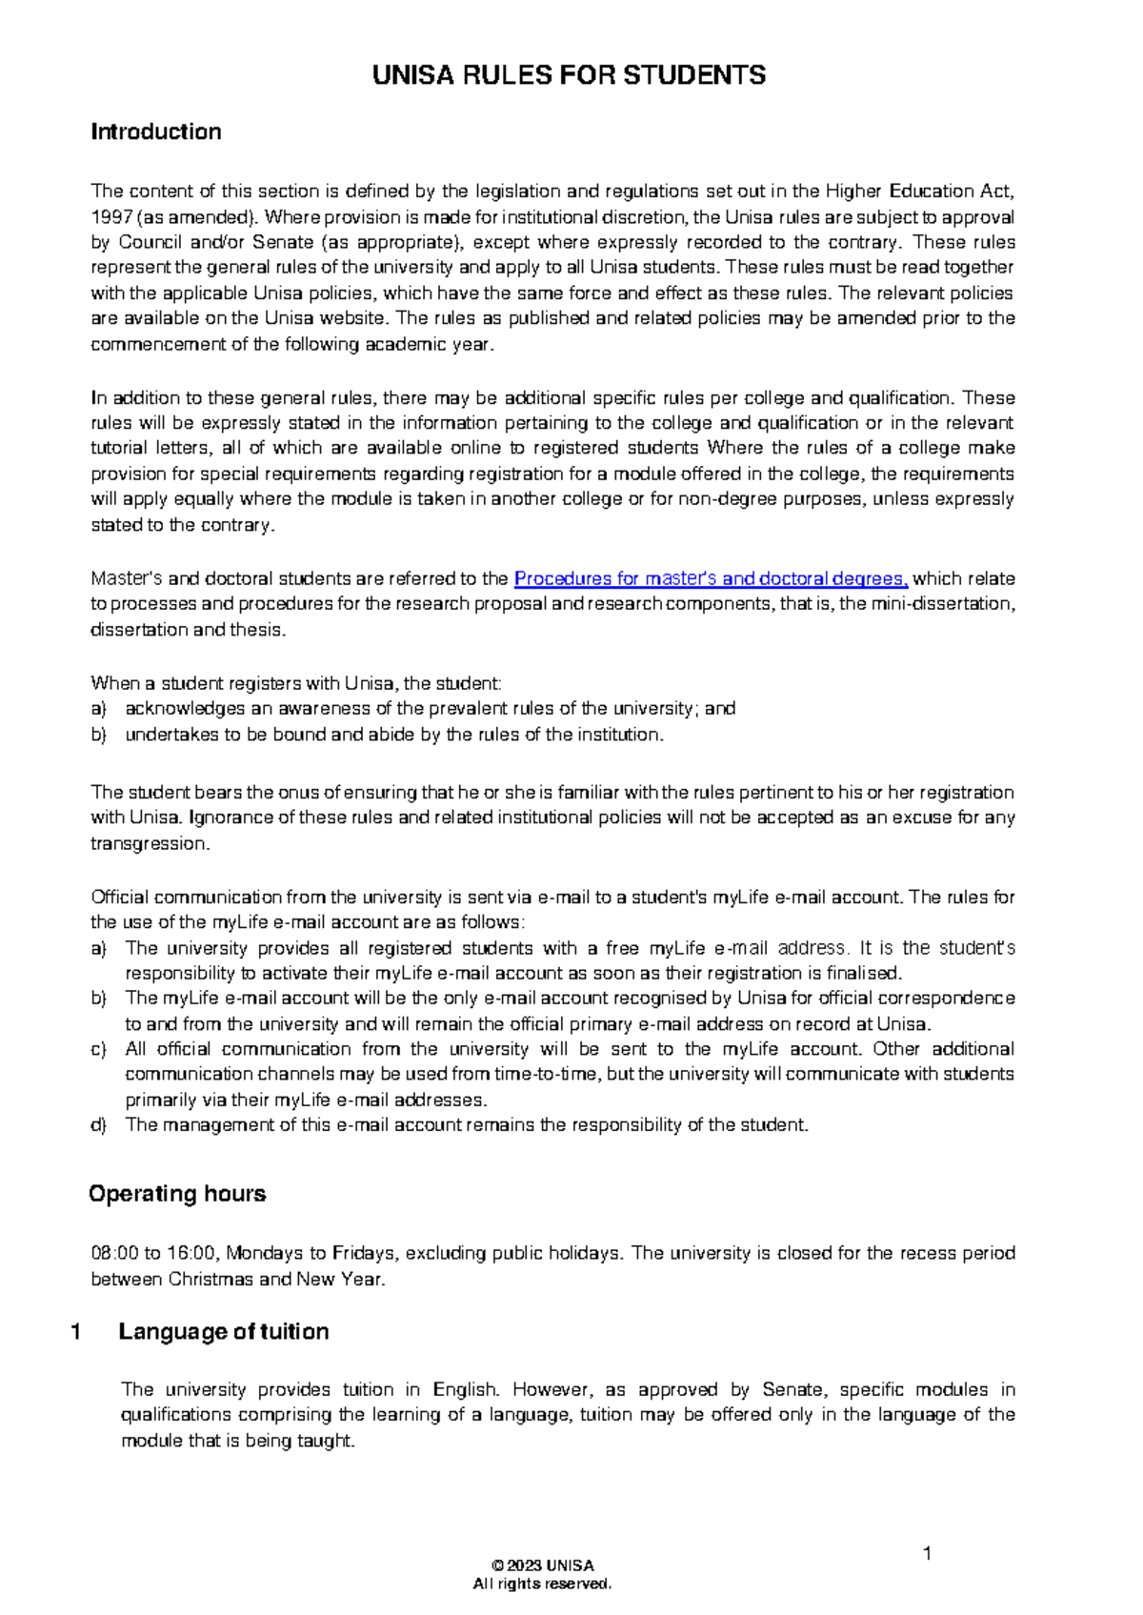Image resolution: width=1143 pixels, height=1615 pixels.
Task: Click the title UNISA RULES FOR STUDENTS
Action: click(569, 76)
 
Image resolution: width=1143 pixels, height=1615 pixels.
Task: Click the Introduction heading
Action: click(156, 131)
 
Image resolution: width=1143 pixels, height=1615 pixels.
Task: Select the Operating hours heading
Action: click(177, 1194)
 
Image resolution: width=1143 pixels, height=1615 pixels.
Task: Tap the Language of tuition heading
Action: click(223, 1332)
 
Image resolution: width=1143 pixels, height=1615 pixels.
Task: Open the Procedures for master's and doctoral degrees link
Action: click(711, 578)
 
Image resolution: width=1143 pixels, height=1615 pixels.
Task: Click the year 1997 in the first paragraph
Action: click(110, 216)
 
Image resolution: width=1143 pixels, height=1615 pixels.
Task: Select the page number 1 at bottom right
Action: click(927, 1554)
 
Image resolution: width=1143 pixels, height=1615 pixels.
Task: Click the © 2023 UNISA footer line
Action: click(543, 1565)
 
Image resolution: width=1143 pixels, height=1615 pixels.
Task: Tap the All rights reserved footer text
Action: click(543, 1584)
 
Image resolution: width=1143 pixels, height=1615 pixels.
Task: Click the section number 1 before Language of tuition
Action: click(75, 1332)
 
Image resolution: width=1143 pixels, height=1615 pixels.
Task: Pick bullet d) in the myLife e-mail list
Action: click(98, 1125)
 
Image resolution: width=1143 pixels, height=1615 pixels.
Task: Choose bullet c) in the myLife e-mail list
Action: click(98, 1049)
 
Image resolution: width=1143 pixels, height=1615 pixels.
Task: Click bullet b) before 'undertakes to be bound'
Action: click(98, 735)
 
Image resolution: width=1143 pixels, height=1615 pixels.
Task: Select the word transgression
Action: click(149, 843)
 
